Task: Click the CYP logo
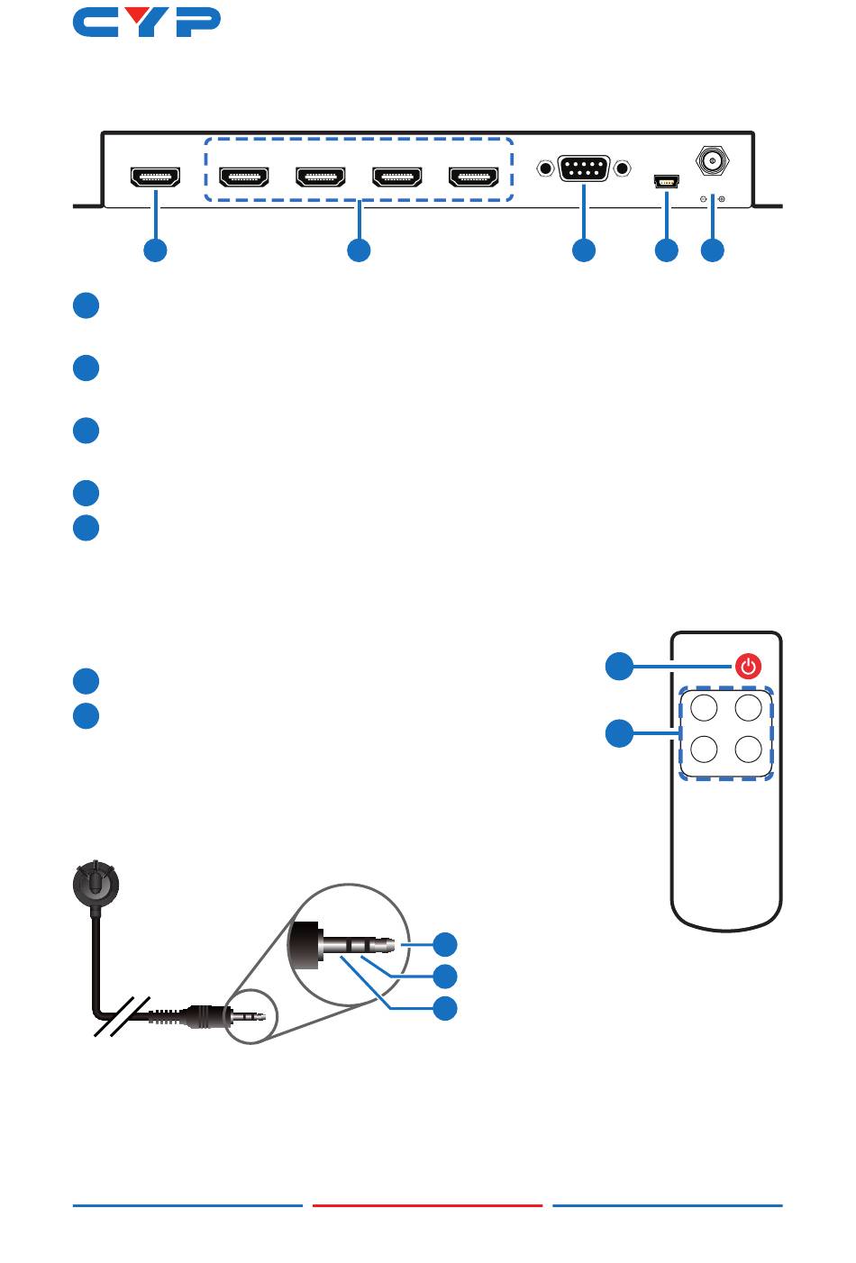pos(147,23)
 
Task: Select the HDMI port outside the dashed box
pos(156,177)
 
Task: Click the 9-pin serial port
pos(583,168)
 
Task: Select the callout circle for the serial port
pos(584,250)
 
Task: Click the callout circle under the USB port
pos(666,250)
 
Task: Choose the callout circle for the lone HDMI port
pos(155,250)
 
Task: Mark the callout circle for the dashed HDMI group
pos(359,250)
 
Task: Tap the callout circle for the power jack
pos(713,250)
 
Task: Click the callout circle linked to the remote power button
pos(618,668)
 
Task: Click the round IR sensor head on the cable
pos(94,884)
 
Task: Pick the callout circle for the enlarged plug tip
pos(445,944)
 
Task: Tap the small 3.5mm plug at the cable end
pos(248,1017)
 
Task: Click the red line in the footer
pos(427,1205)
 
